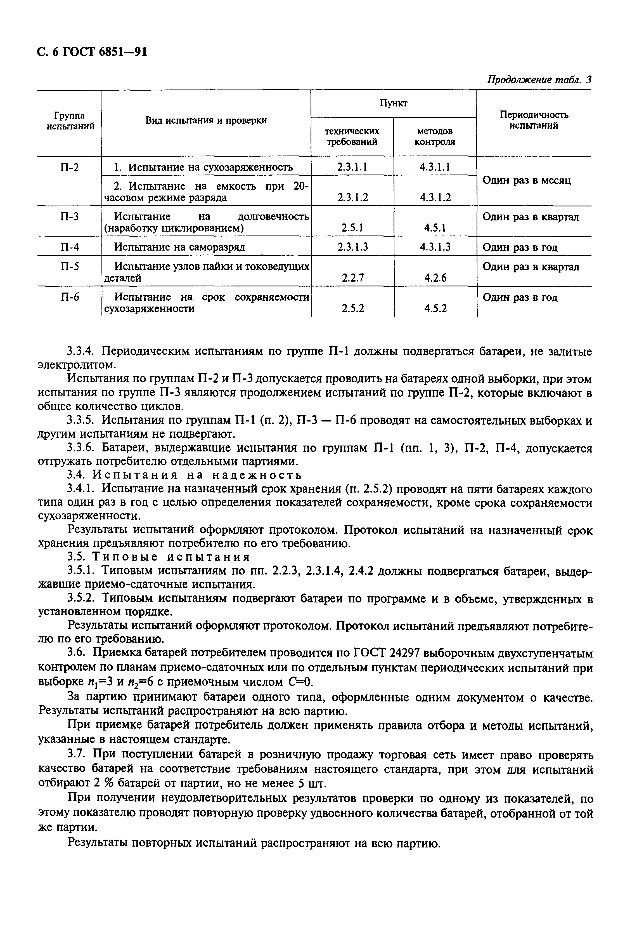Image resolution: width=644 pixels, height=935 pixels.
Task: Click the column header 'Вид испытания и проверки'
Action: click(206, 120)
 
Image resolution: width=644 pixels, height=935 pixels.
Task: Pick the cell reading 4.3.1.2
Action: click(435, 197)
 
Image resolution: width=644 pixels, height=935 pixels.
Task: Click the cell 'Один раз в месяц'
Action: click(527, 180)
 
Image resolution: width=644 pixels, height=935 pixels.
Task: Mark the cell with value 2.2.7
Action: click(352, 278)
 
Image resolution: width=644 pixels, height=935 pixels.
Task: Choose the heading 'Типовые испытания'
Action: click(172, 557)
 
